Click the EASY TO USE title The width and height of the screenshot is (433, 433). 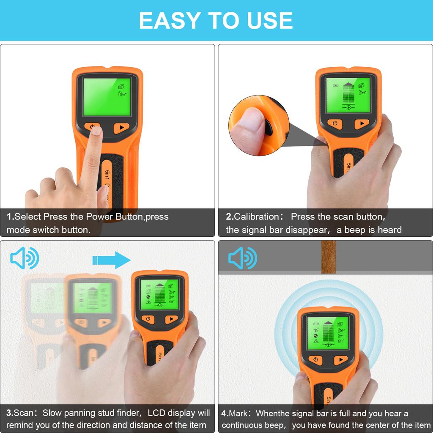[216, 20]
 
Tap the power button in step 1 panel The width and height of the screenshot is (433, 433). [92, 126]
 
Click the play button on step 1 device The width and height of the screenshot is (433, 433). [121, 127]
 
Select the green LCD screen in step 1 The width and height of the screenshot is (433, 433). [107, 97]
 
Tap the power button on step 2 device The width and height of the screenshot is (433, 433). [335, 123]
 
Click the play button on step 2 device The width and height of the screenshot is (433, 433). [362, 123]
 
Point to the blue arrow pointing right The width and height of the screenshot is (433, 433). [111, 260]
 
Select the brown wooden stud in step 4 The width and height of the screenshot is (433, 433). [329, 257]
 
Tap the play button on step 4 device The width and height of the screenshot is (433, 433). [340, 360]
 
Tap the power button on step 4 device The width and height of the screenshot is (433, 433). [315, 360]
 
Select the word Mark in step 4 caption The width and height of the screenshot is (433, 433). [241, 413]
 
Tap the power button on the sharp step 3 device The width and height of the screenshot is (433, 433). [148, 319]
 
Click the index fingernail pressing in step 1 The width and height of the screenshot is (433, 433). [96, 131]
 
